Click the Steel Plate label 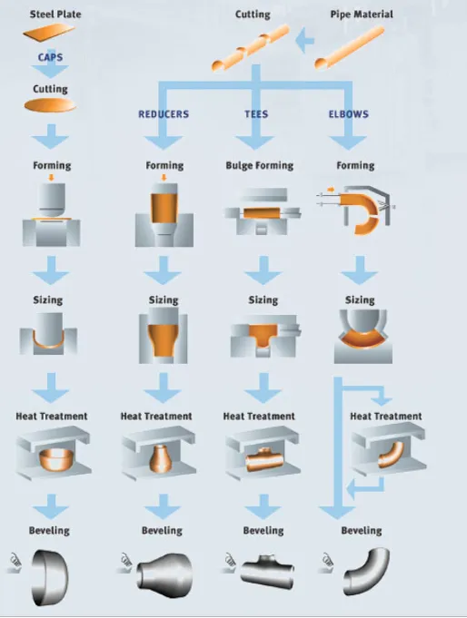click(55, 15)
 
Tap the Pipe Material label click(362, 15)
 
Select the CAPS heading click(50, 57)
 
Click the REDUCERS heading click(164, 114)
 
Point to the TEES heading click(256, 114)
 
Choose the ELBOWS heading click(349, 114)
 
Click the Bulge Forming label click(260, 165)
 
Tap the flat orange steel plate click(49, 33)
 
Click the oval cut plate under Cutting click(50, 105)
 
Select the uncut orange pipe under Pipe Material click(350, 48)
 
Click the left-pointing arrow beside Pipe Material click(304, 40)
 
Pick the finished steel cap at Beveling click(50, 577)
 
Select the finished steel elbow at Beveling click(366, 570)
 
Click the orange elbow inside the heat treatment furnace click(391, 455)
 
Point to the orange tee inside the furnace click(264, 459)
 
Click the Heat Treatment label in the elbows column click(385, 417)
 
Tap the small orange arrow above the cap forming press click(51, 177)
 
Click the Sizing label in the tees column click(263, 300)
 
